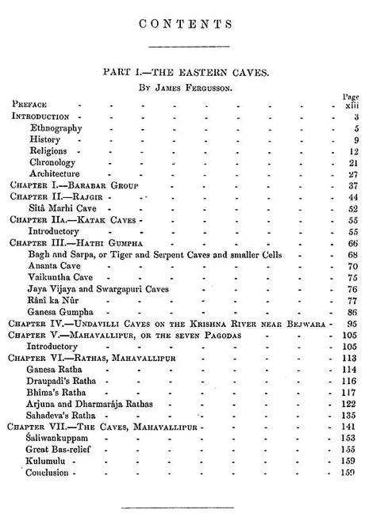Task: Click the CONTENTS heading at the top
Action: pos(182,25)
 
